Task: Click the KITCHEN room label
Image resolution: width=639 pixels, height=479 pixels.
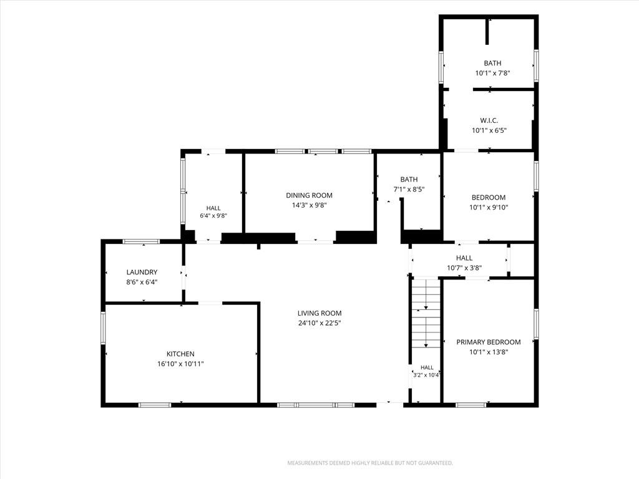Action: click(180, 354)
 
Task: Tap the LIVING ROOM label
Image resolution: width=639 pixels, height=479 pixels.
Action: click(319, 313)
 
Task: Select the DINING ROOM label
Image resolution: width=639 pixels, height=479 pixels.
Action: click(310, 195)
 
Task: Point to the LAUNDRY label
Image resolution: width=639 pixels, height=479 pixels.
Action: click(142, 272)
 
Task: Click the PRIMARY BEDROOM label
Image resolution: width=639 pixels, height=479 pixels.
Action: click(489, 342)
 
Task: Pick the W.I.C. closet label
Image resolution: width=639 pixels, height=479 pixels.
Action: click(489, 120)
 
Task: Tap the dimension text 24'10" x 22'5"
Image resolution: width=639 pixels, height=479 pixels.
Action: click(319, 324)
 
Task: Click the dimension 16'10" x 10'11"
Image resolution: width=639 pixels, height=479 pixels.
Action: click(180, 364)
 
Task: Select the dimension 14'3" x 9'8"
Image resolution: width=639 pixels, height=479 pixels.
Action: click(310, 205)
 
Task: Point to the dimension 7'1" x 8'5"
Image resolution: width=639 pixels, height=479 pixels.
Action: click(409, 190)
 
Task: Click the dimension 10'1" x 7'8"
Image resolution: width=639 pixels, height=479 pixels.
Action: click(493, 74)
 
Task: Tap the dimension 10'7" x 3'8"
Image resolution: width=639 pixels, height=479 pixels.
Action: click(464, 268)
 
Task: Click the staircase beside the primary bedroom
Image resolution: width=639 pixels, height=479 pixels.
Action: click(426, 313)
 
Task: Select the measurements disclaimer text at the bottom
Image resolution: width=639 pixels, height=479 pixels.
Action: click(370, 463)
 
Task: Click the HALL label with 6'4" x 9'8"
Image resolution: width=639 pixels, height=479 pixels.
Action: click(213, 208)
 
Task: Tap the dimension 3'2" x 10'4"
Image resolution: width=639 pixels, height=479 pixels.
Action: click(426, 375)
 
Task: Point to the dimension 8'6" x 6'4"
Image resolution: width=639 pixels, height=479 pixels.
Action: click(142, 282)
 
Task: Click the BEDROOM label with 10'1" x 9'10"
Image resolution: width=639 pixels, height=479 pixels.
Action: click(489, 198)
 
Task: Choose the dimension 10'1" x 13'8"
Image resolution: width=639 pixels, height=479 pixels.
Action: click(489, 352)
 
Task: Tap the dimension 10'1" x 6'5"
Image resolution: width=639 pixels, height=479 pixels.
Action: click(489, 131)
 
